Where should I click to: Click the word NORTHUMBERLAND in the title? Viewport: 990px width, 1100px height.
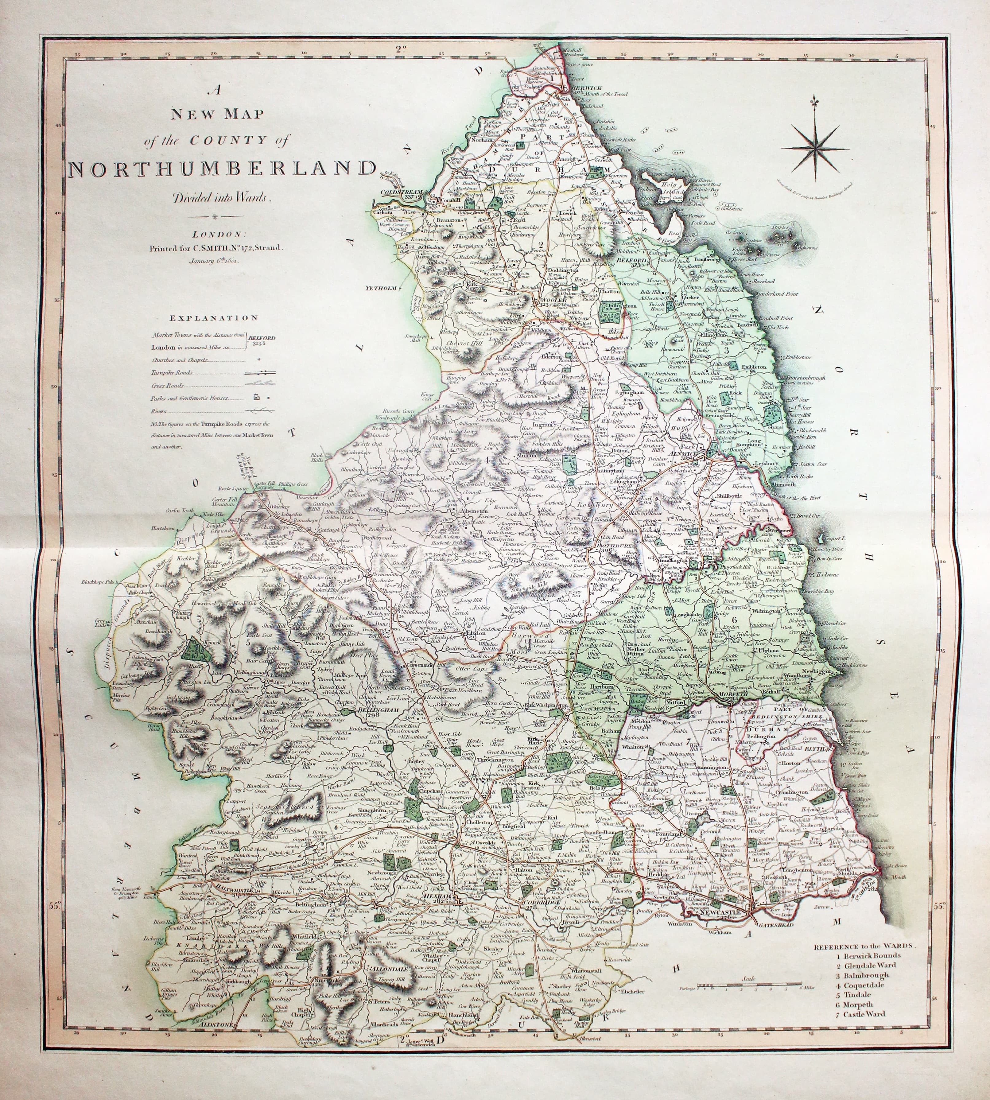[x=222, y=168]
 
